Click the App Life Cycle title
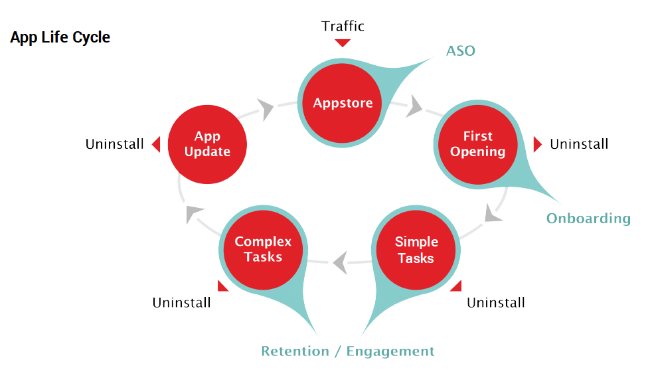(60, 37)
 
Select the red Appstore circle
(343, 102)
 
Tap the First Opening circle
(478, 144)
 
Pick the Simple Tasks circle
(416, 250)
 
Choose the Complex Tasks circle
(263, 250)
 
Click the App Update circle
(207, 144)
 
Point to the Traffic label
(343, 26)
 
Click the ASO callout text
(460, 50)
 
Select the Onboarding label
(588, 219)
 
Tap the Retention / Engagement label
(348, 351)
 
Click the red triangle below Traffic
(343, 43)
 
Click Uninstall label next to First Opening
(579, 144)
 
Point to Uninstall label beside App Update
(114, 144)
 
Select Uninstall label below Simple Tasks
(495, 303)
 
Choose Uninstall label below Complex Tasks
(181, 303)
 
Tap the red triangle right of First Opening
(538, 144)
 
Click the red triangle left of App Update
(156, 144)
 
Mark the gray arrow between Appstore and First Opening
(416, 106)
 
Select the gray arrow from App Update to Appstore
(266, 109)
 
